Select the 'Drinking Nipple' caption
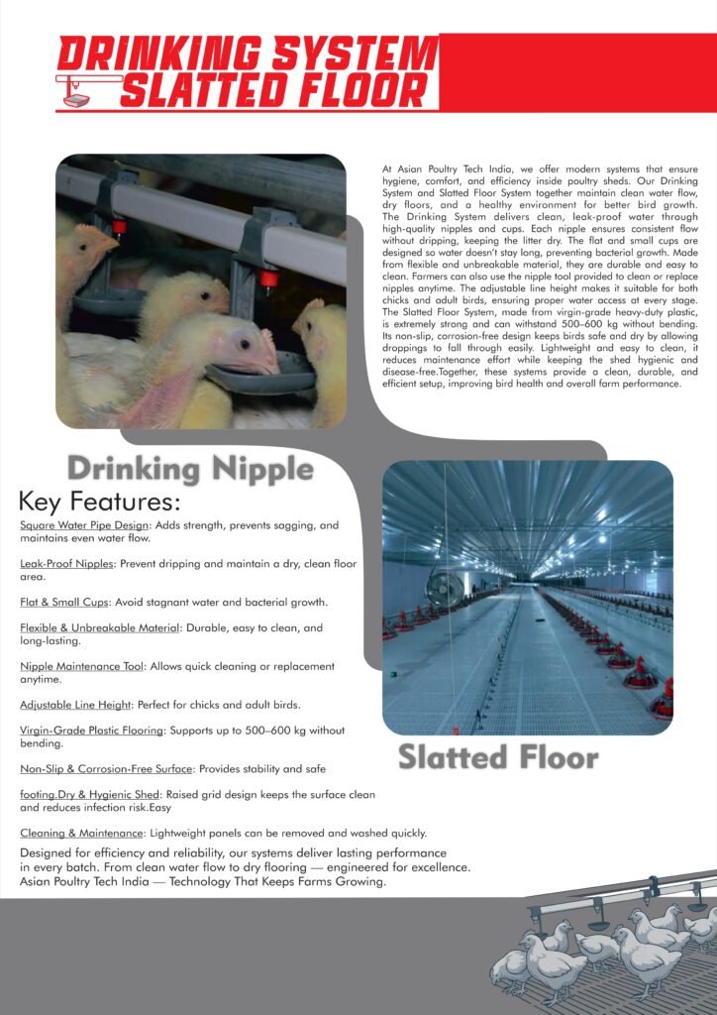[x=190, y=467]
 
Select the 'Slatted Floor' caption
[x=498, y=757]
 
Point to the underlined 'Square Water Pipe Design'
[x=84, y=524]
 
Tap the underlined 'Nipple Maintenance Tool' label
[x=84, y=666]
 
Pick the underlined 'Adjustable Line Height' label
[x=76, y=705]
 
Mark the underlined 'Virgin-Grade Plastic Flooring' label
[x=92, y=731]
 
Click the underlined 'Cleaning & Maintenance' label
[x=82, y=833]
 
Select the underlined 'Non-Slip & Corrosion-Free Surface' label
[x=106, y=768]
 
